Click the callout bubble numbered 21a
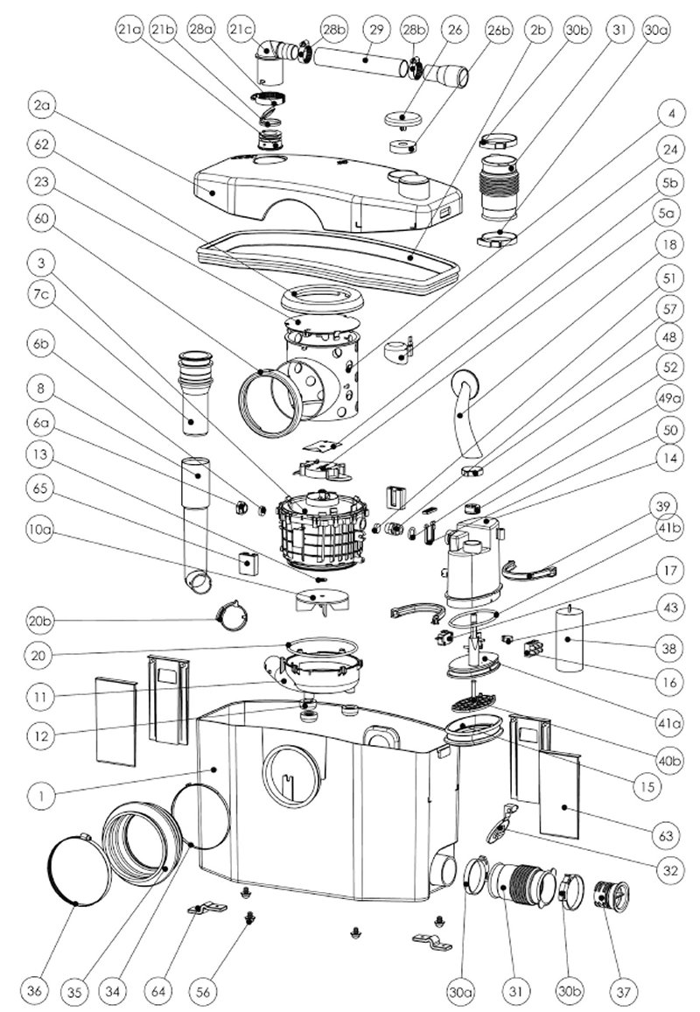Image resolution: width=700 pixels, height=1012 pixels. click(129, 29)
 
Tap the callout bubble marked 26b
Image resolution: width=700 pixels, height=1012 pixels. click(500, 29)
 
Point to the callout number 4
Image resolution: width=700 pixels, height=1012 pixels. click(671, 114)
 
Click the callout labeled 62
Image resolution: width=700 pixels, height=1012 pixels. click(40, 141)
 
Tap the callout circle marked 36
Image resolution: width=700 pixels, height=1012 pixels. click(35, 991)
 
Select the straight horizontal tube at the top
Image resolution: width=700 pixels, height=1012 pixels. click(359, 62)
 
